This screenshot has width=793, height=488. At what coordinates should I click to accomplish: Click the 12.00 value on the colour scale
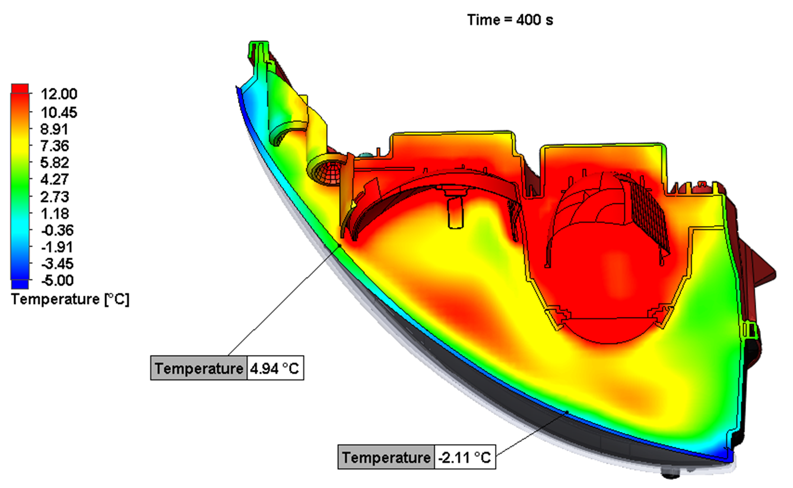point(59,94)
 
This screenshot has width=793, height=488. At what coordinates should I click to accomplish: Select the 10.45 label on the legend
point(59,113)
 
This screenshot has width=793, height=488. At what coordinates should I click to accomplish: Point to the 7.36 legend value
point(55,146)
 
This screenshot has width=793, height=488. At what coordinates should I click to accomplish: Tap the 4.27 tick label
point(55,179)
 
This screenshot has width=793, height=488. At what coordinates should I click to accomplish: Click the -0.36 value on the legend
point(58,230)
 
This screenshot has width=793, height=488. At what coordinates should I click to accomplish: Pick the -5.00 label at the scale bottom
point(58,280)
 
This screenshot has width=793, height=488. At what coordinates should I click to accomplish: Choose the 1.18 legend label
point(55,214)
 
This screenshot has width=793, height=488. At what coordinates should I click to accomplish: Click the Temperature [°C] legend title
point(71,300)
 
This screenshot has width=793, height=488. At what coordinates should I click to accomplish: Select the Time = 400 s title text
point(510,20)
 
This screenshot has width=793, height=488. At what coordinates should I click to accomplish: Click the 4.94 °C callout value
point(275,369)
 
